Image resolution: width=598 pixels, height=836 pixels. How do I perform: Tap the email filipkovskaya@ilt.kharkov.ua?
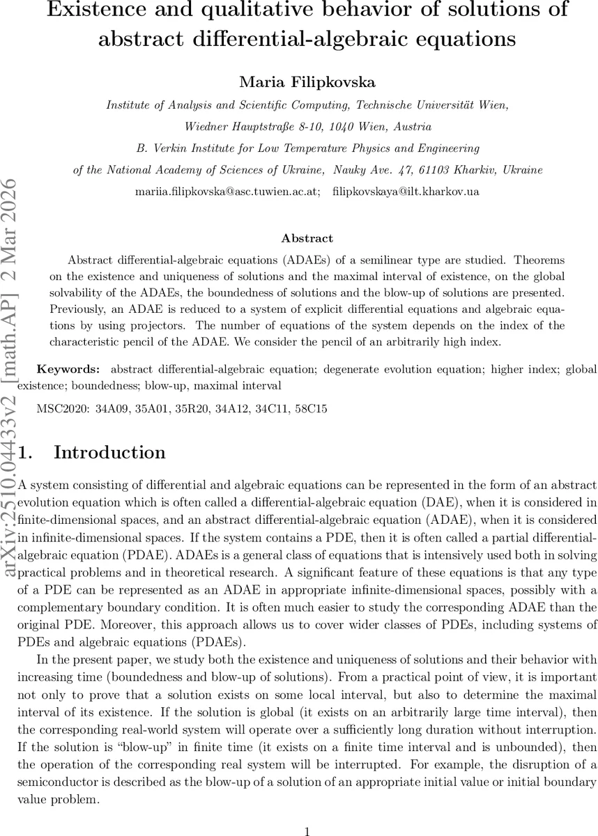pos(406,191)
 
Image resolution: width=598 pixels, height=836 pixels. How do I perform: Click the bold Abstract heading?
pos(307,238)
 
